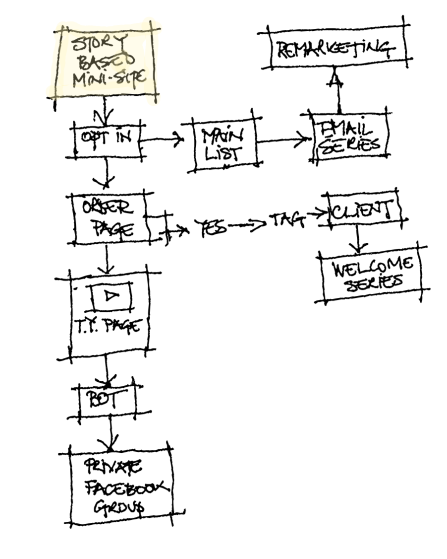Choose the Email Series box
(349, 138)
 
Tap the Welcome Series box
(372, 273)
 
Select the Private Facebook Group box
(121, 487)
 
